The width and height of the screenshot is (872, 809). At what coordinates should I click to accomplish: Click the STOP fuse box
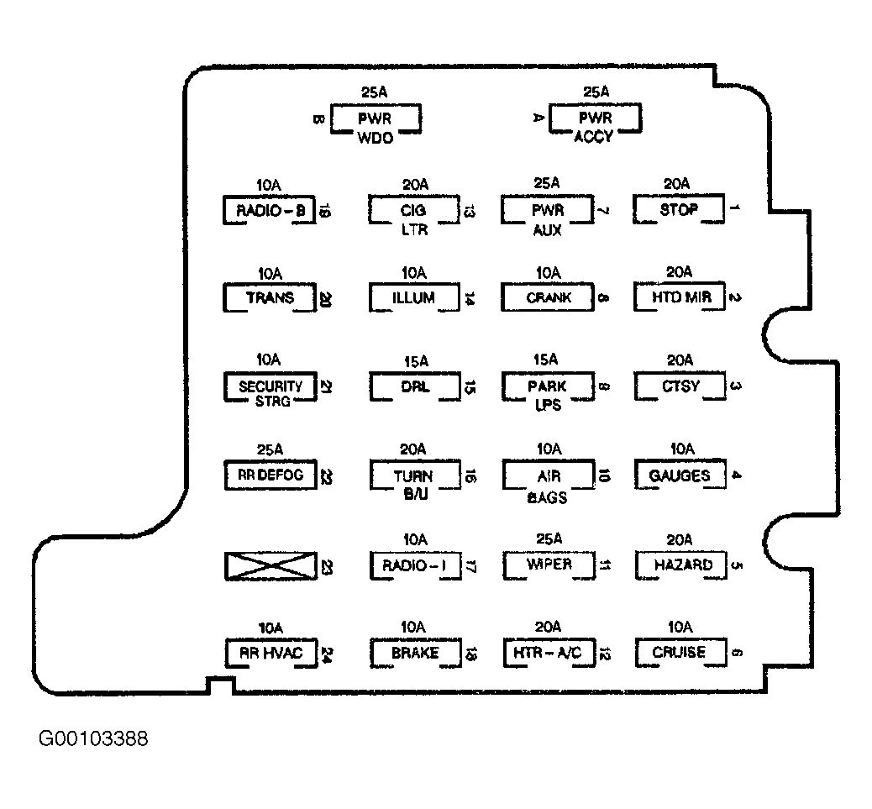pyautogui.click(x=679, y=209)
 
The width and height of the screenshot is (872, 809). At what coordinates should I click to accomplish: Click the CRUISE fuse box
pyautogui.click(x=679, y=652)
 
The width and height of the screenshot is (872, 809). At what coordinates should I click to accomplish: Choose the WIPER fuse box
pyautogui.click(x=548, y=565)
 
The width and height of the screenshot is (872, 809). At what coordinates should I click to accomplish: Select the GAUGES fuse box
pyautogui.click(x=679, y=475)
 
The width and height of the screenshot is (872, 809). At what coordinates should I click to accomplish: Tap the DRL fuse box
pyautogui.click(x=413, y=386)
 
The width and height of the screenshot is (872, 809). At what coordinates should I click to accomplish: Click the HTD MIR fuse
pyautogui.click(x=679, y=297)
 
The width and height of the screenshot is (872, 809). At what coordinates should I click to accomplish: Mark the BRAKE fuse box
pyautogui.click(x=415, y=652)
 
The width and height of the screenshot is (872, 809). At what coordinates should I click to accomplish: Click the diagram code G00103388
pyautogui.click(x=93, y=739)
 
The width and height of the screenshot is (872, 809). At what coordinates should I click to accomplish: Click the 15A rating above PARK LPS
pyautogui.click(x=546, y=360)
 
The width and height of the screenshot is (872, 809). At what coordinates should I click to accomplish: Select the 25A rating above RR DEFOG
pyautogui.click(x=268, y=449)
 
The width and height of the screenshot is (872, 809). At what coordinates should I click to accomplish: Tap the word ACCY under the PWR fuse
pyautogui.click(x=594, y=137)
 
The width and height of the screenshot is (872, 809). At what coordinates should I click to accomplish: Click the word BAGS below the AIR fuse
pyautogui.click(x=547, y=497)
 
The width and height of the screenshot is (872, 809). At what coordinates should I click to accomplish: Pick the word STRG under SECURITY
pyautogui.click(x=270, y=402)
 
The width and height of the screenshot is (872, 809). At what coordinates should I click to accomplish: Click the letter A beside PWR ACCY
pyautogui.click(x=538, y=118)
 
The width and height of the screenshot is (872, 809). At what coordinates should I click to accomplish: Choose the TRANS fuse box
pyautogui.click(x=270, y=297)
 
